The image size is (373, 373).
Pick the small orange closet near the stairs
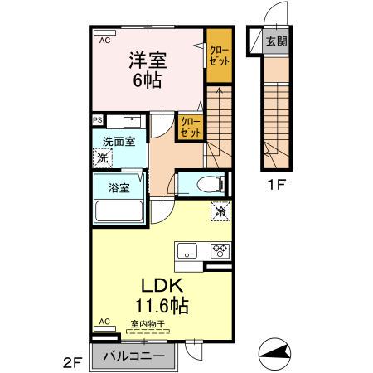pyautogui.click(x=191, y=126)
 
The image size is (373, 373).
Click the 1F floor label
pyautogui.click(x=276, y=186)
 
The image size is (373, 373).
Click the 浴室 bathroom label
pyautogui.click(x=119, y=187)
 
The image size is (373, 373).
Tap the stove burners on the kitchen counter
pyautogui.click(x=221, y=249)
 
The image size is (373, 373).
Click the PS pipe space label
pyautogui.click(x=96, y=119)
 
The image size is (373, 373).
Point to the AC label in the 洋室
pyautogui.click(x=105, y=40)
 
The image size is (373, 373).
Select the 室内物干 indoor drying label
pyautogui.click(x=145, y=324)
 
